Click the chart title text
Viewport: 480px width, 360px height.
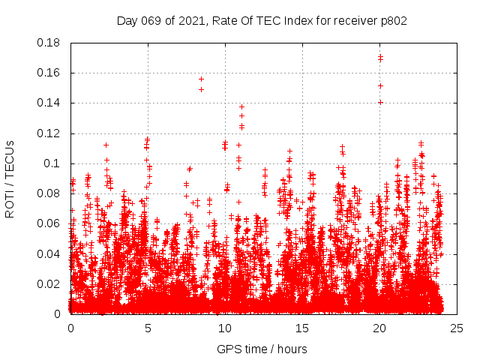coord(262,21)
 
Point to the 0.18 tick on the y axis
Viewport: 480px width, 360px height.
coord(49,43)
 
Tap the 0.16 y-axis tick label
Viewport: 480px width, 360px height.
coord(49,73)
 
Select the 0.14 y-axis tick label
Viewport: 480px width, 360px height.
coord(49,103)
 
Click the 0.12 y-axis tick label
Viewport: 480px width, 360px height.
coord(49,133)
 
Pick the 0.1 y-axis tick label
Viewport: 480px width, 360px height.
coord(52,163)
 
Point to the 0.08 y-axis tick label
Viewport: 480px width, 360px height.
coord(49,193)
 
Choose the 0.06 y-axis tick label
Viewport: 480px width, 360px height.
coord(49,223)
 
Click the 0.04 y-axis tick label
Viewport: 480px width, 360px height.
coord(49,253)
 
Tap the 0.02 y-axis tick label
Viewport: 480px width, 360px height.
coord(49,284)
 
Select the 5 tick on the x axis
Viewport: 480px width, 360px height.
coord(148,328)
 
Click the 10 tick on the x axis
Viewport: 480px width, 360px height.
coord(224,328)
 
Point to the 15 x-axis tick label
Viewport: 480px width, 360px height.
coord(301,328)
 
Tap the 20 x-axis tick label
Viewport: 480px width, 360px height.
coord(379,328)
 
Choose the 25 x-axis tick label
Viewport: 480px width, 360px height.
coord(456,328)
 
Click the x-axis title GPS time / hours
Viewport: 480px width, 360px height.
coord(262,349)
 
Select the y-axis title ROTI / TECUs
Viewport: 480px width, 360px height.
coord(10,178)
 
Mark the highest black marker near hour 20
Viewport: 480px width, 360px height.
coord(380,56)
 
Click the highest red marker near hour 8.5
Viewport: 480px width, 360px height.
coord(201,79)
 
